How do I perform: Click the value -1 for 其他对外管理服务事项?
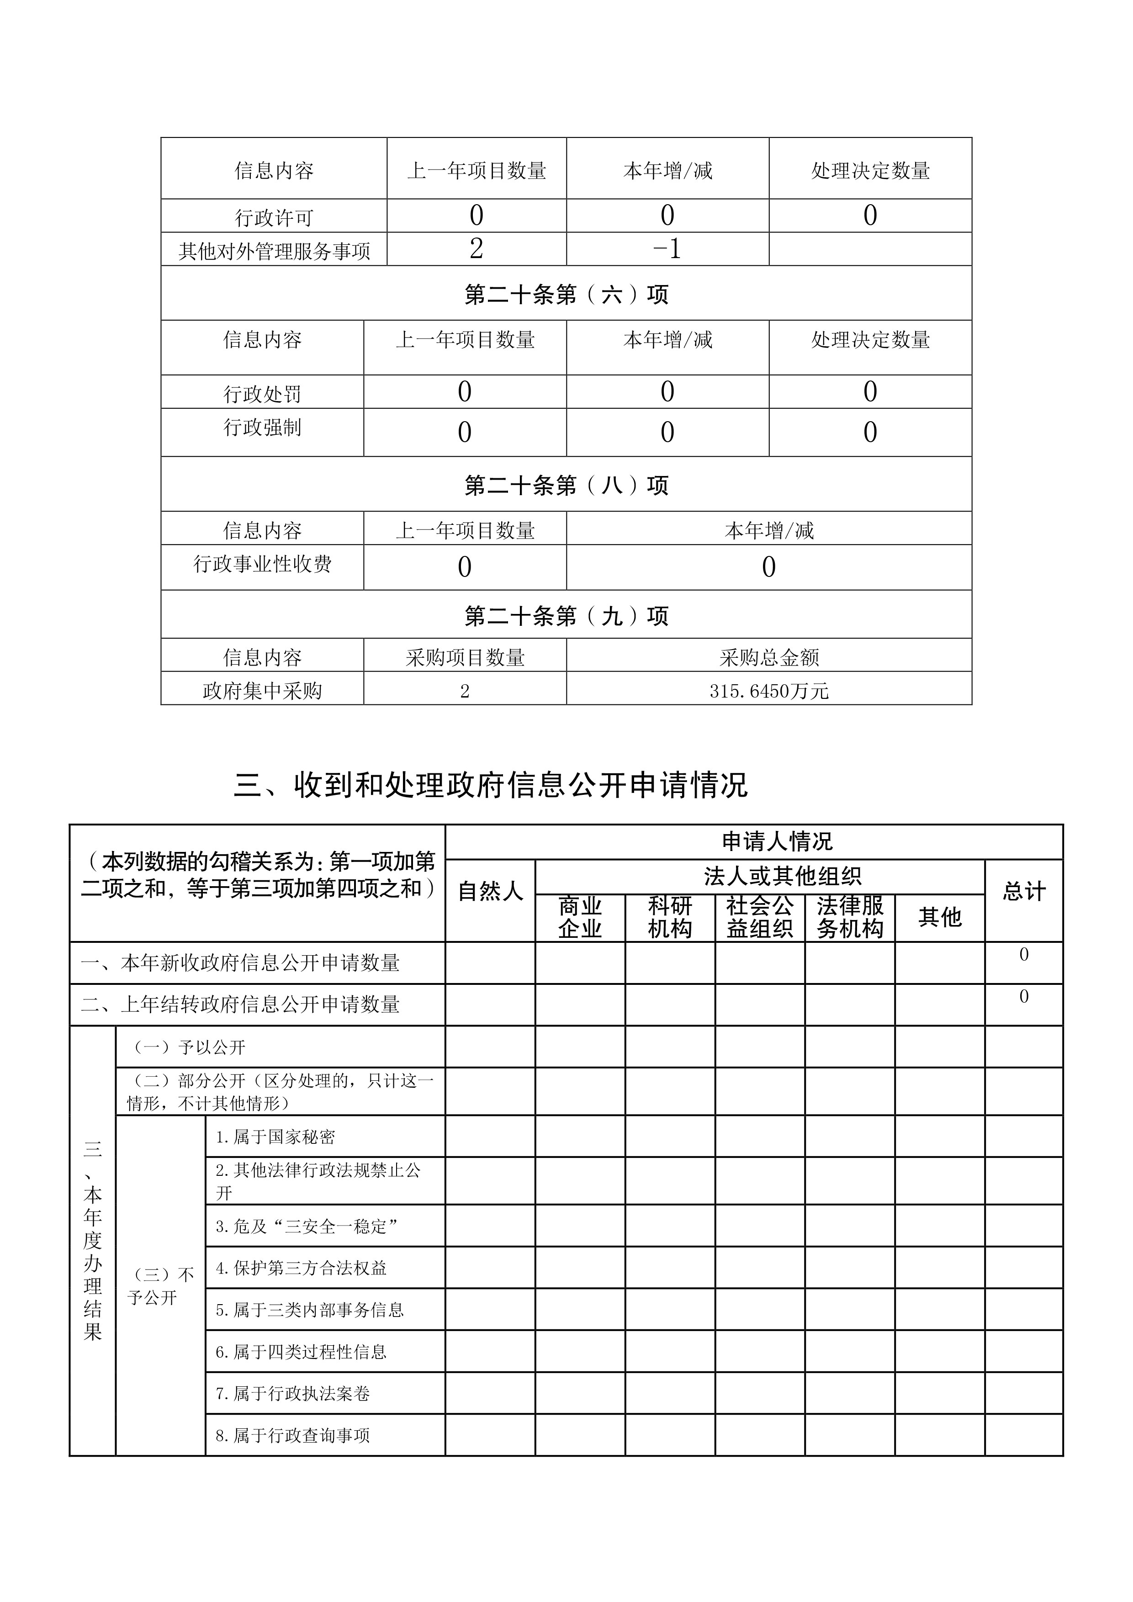click(667, 249)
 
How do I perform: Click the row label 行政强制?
click(262, 427)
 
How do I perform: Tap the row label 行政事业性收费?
click(262, 564)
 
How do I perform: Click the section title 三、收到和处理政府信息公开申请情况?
click(491, 785)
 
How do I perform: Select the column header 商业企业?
click(580, 918)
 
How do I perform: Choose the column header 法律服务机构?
click(850, 918)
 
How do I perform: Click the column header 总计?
click(1023, 891)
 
